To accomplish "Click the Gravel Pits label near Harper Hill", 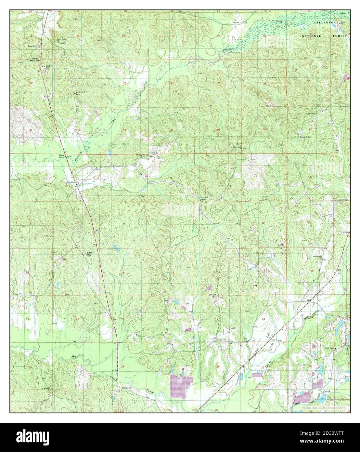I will click(33, 46).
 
